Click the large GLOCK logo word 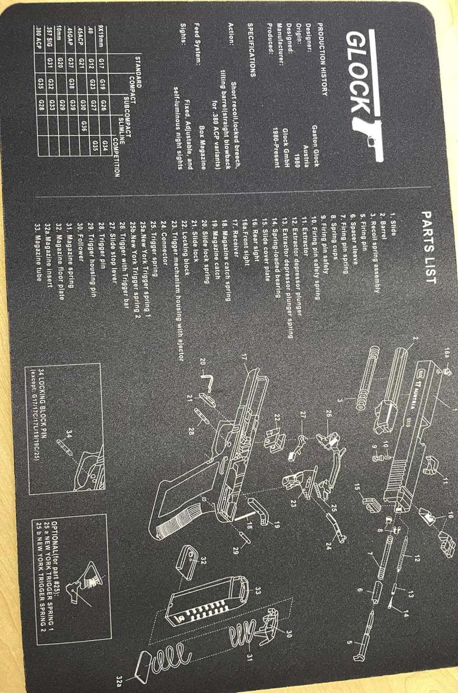358,72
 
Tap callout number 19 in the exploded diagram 276,525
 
